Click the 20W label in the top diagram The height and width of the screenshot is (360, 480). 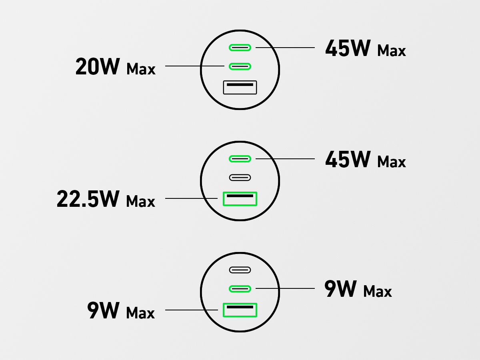98,67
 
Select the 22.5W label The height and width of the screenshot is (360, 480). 88,199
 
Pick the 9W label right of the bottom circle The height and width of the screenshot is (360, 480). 340,289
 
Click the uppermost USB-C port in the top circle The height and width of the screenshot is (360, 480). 240,48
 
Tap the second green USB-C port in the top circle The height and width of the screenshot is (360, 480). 240,66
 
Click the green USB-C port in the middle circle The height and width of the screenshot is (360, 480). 240,159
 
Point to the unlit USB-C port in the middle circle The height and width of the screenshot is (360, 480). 240,177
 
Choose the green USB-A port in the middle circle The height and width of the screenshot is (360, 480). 240,198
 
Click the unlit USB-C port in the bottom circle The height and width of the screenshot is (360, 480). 240,270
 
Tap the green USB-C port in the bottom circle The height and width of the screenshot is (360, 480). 240,288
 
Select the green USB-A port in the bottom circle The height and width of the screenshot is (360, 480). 240,310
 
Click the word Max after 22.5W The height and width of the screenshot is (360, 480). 141,201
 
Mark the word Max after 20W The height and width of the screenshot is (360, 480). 141,69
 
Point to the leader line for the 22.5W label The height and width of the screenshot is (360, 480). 192,198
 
